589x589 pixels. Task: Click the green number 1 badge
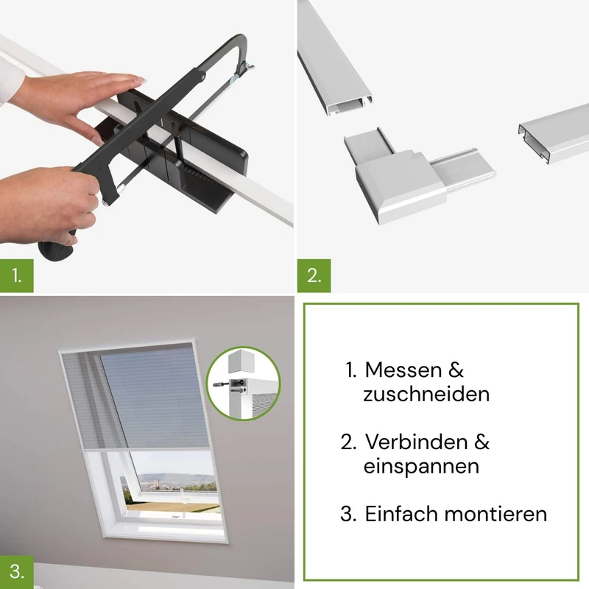[16, 275]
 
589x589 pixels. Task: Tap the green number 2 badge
[314, 275]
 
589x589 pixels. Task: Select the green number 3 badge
[16, 572]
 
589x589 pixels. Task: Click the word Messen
[398, 370]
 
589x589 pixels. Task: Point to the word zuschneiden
[426, 394]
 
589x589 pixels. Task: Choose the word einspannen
[421, 467]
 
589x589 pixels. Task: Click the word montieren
[495, 514]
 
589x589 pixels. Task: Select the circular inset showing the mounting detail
[244, 383]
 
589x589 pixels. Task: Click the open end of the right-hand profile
[534, 143]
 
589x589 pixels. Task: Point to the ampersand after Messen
[456, 370]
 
